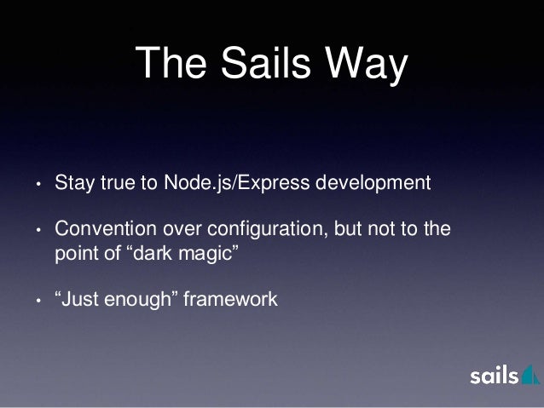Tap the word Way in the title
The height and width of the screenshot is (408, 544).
pos(367,66)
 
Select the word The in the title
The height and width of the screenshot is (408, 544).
pos(170,66)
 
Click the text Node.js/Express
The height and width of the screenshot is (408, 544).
pos(222,183)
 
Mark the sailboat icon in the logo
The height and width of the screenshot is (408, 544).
pos(529,376)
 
